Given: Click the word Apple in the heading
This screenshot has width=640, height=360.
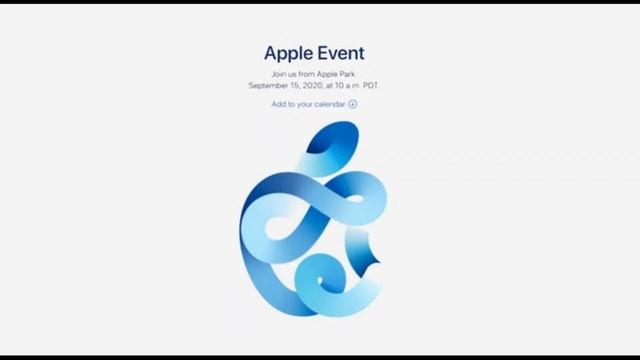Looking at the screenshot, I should pyautogui.click(x=289, y=53).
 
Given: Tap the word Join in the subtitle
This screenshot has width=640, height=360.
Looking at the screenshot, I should pyautogui.click(x=279, y=75).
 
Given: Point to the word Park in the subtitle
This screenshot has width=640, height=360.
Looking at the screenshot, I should pyautogui.click(x=349, y=75).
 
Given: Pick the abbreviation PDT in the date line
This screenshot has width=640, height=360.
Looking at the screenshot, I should pyautogui.click(x=371, y=86).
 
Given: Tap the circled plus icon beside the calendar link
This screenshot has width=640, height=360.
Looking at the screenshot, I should pyautogui.click(x=352, y=104).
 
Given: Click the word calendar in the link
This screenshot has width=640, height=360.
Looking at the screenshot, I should pyautogui.click(x=330, y=104).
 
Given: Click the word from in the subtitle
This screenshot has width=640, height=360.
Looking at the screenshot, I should pyautogui.click(x=308, y=75).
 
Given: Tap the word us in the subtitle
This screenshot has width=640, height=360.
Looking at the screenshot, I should pyautogui.click(x=294, y=75).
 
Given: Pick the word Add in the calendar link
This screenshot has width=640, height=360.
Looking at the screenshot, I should pyautogui.click(x=278, y=104).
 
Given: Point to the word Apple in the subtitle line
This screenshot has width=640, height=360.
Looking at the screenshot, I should pyautogui.click(x=328, y=75).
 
